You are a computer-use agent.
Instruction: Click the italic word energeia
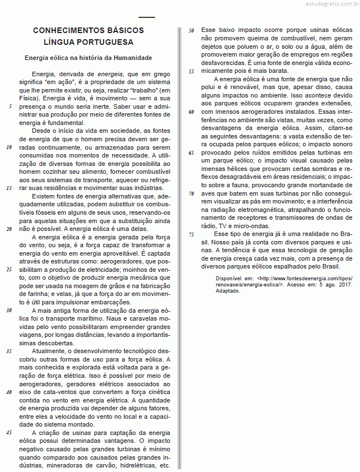point(110,73)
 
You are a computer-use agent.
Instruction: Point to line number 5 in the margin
point(10,105)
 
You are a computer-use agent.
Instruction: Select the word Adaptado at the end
point(228,291)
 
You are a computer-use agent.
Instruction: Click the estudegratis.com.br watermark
point(325,5)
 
